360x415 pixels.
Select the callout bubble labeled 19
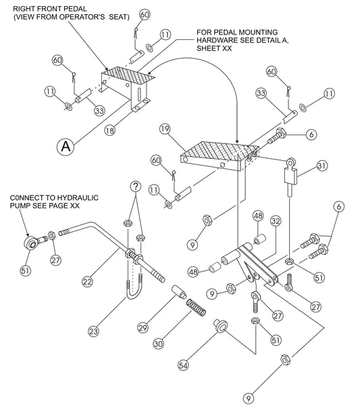click(164, 128)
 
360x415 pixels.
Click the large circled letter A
click(65, 145)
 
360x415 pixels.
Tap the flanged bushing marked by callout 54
click(220, 326)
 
